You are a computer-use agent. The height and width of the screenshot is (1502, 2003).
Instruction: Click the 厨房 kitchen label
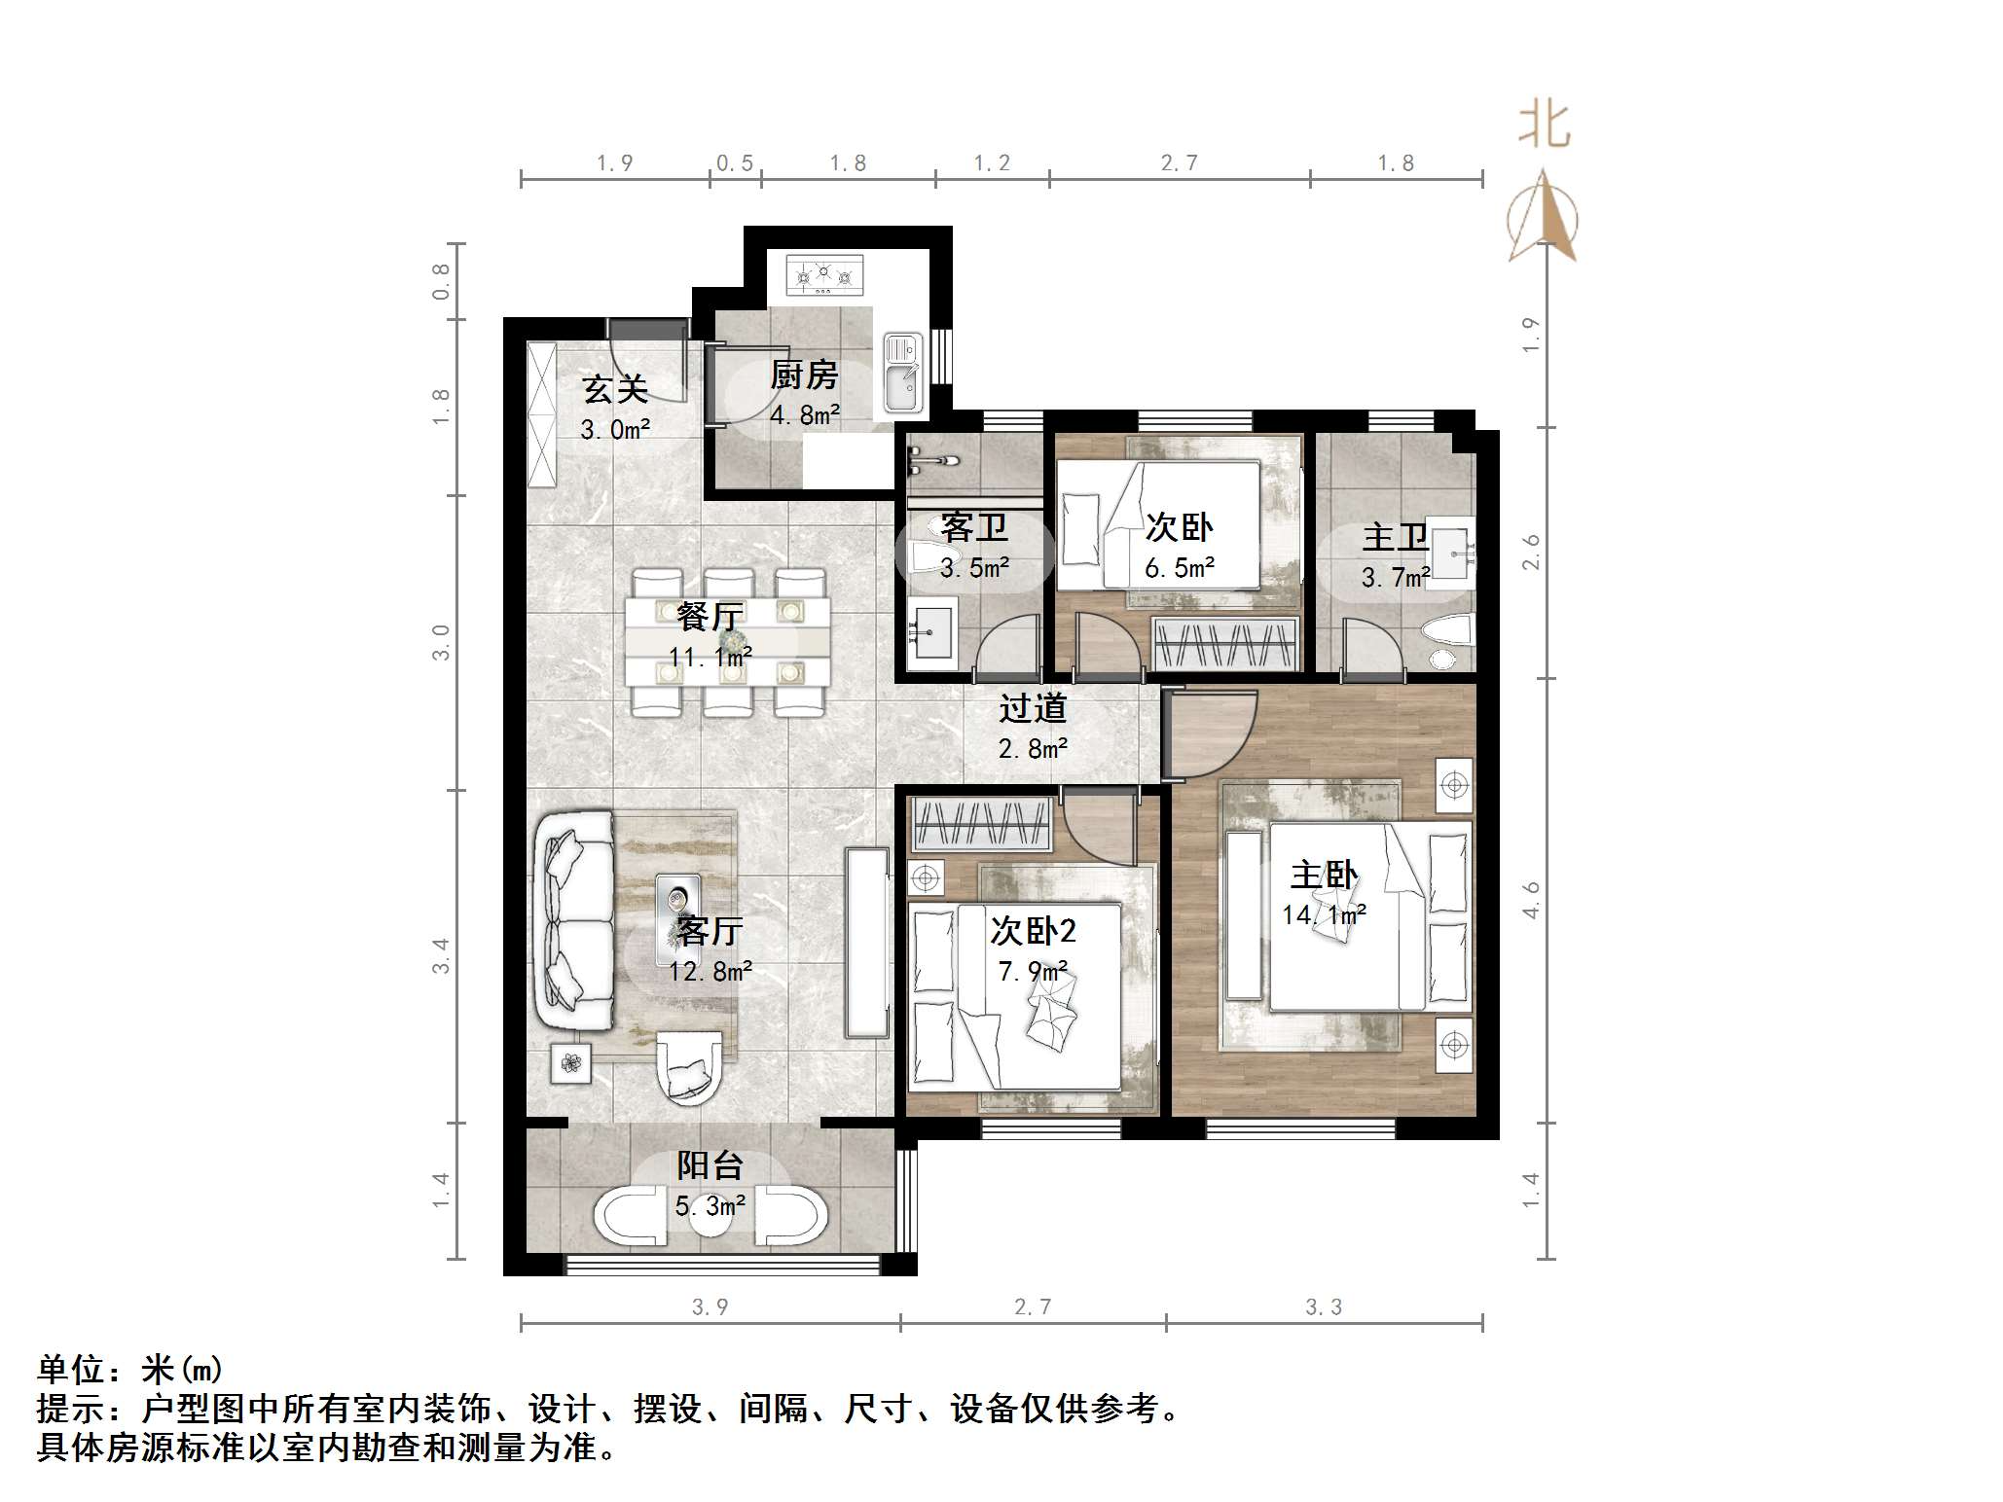click(x=804, y=375)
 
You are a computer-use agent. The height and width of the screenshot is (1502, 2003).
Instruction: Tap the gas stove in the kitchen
click(x=824, y=274)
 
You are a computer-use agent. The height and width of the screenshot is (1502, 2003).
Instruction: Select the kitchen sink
click(x=902, y=373)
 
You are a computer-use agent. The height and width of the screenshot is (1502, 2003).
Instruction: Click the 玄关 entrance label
click(x=615, y=389)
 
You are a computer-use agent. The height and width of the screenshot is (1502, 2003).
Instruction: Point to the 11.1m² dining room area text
click(x=710, y=657)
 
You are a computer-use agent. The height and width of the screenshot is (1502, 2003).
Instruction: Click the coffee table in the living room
click(x=677, y=912)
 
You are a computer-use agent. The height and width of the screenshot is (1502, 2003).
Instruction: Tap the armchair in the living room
click(x=689, y=1067)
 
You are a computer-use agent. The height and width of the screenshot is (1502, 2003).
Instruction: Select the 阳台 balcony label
click(x=710, y=1165)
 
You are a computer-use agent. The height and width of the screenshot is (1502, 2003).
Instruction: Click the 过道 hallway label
click(x=1033, y=708)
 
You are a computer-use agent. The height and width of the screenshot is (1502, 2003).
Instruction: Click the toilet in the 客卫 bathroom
click(x=929, y=557)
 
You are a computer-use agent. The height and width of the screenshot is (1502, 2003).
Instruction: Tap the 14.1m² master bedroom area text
click(x=1324, y=914)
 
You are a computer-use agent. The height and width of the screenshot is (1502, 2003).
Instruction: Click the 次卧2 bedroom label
click(x=1033, y=931)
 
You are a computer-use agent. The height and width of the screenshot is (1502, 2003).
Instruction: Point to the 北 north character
click(x=1544, y=125)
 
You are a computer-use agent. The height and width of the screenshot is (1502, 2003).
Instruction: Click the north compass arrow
click(x=1543, y=219)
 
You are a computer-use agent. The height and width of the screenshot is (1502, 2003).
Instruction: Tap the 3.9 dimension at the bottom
click(x=710, y=1306)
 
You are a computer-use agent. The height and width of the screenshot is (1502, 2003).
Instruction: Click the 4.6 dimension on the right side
click(x=1531, y=900)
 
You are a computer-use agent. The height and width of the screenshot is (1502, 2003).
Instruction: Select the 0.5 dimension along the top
click(x=735, y=163)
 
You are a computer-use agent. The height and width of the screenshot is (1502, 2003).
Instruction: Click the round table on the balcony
click(x=710, y=1220)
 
